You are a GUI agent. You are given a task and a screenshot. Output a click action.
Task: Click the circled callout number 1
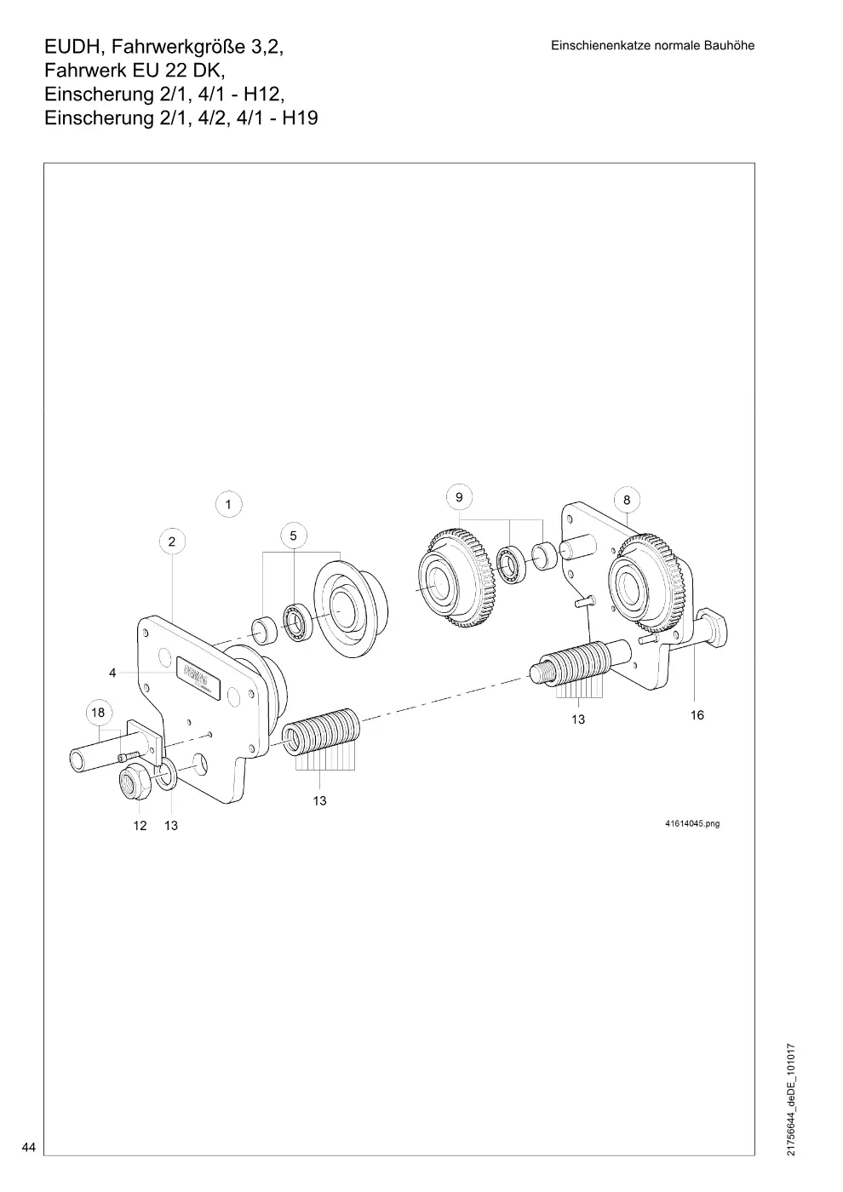click(x=229, y=504)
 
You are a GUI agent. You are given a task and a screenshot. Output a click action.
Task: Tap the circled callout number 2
click(x=172, y=542)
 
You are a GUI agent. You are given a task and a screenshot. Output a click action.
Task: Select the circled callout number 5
click(x=294, y=536)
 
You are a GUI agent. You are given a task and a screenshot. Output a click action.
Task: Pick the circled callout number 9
click(x=459, y=497)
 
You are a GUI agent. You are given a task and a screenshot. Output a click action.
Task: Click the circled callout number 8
click(x=627, y=500)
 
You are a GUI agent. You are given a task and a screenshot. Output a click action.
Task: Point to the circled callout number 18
click(x=99, y=712)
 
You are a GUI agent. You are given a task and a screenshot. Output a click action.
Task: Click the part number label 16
click(x=697, y=715)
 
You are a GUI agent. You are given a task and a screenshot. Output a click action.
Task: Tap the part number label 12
click(x=140, y=825)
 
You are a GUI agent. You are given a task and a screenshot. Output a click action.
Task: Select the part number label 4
click(x=112, y=673)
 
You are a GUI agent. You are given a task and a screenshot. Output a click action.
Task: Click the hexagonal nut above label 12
click(x=135, y=782)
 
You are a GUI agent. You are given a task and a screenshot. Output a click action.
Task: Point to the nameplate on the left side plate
click(x=198, y=676)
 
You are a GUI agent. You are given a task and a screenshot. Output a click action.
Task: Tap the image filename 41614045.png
click(x=692, y=823)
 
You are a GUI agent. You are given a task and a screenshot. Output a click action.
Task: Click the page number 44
click(x=29, y=1147)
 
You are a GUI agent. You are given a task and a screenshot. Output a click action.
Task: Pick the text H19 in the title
click(x=300, y=117)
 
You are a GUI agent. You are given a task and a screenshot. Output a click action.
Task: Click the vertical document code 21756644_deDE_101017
click(x=791, y=1099)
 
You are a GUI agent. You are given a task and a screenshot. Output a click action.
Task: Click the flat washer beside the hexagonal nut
click(x=169, y=775)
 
